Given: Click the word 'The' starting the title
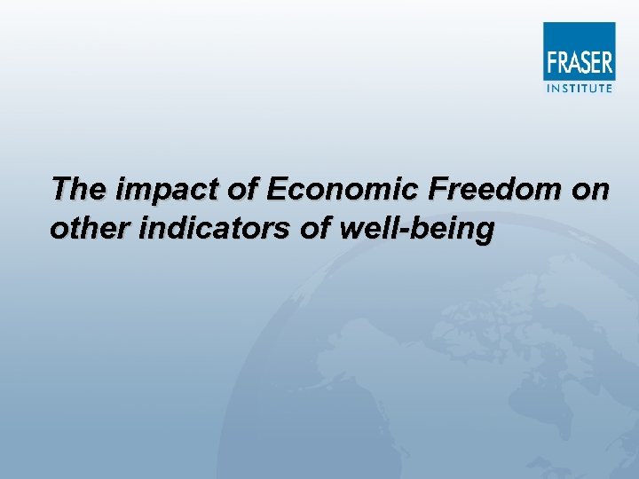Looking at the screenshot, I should click(x=75, y=189).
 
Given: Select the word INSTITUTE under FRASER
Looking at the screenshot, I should click(x=579, y=87).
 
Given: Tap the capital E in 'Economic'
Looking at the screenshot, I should click(x=276, y=189).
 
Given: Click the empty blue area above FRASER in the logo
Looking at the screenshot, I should click(x=579, y=35).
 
